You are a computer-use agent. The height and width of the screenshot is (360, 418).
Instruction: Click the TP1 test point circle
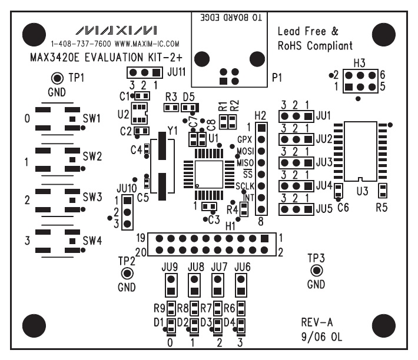click(x=58, y=78)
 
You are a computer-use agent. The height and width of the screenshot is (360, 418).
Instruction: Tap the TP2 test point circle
click(x=126, y=274)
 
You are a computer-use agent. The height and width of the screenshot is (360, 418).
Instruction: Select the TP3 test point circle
click(x=316, y=271)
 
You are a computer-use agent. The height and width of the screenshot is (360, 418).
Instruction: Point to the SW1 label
click(x=92, y=118)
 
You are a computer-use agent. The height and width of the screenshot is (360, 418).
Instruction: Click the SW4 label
click(x=92, y=240)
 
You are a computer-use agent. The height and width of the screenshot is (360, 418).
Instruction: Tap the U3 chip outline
click(x=360, y=151)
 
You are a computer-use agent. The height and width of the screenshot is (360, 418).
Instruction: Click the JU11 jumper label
click(x=177, y=72)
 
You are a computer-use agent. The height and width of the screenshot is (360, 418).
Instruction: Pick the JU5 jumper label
click(x=323, y=208)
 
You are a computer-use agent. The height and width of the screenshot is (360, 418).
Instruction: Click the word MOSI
click(x=244, y=151)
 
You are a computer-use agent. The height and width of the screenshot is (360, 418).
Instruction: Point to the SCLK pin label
click(x=244, y=186)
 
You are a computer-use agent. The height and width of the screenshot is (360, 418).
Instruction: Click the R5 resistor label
click(x=382, y=207)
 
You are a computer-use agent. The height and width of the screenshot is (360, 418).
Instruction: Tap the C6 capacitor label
click(x=343, y=207)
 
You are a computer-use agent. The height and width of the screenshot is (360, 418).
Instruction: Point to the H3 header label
click(x=360, y=62)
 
